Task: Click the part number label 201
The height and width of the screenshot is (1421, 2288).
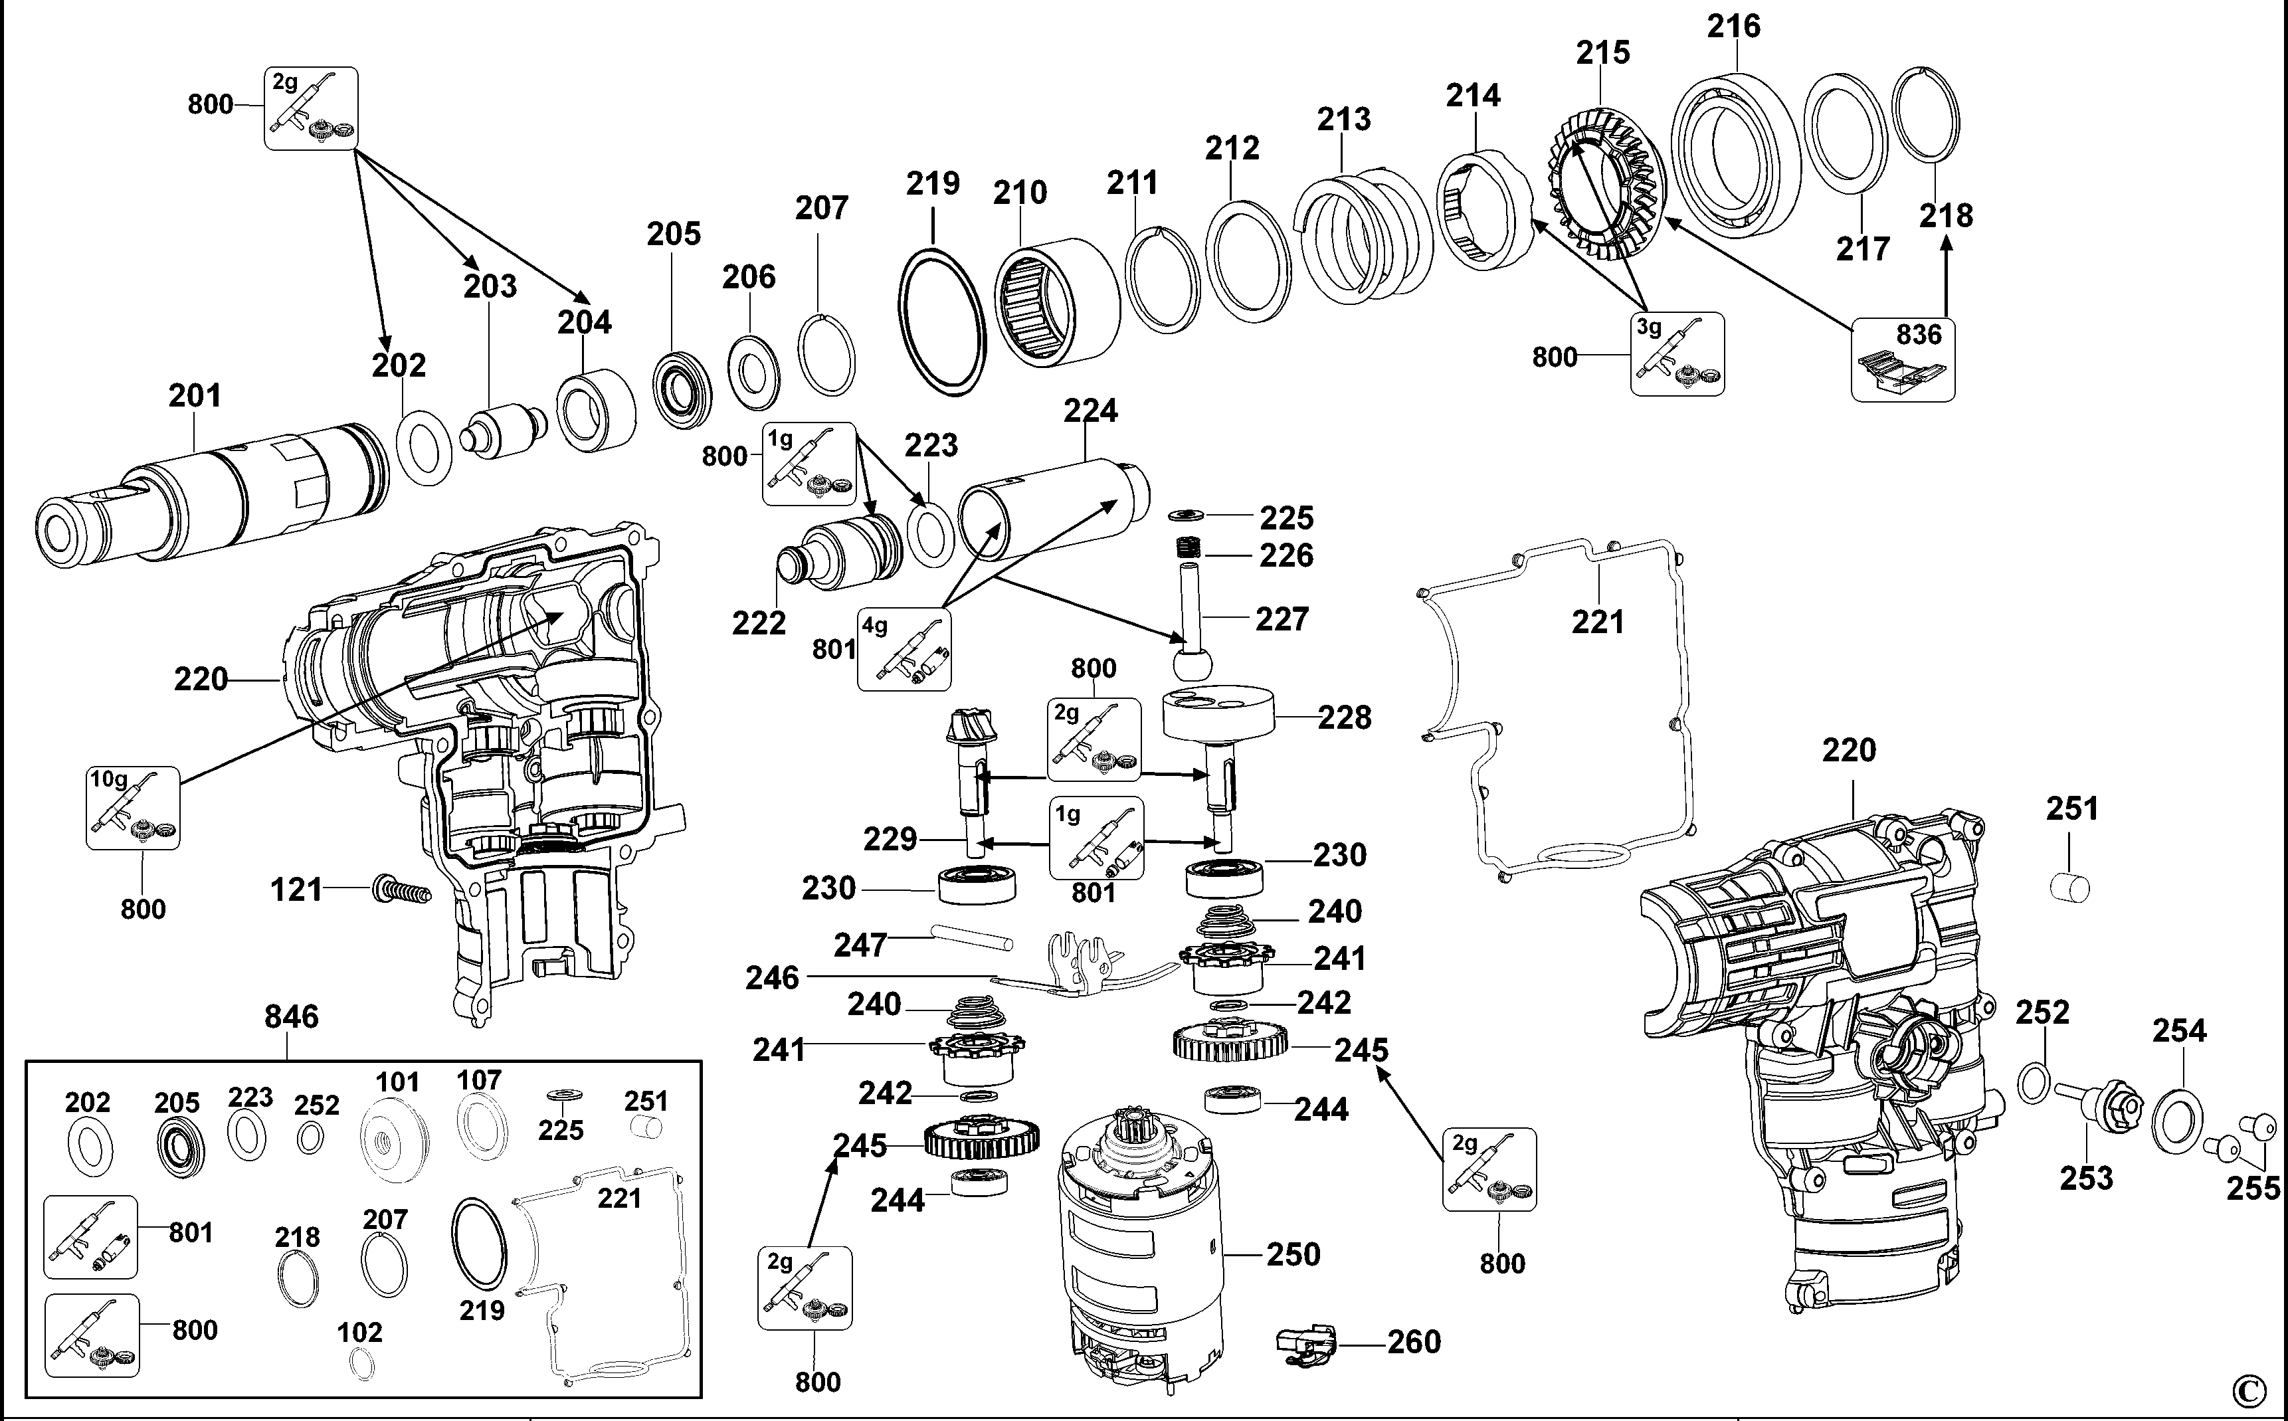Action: (x=195, y=396)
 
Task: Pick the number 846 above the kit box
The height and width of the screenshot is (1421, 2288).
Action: (x=291, y=1017)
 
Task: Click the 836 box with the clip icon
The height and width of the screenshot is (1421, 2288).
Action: (x=1903, y=360)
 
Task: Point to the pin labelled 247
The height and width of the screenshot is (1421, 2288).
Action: (x=971, y=937)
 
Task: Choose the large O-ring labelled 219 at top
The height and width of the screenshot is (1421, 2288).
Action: (x=943, y=322)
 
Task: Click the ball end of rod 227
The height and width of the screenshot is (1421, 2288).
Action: (x=1192, y=662)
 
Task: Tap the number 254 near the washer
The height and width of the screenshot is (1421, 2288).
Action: (x=2179, y=1031)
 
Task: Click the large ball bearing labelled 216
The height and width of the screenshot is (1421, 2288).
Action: (x=1735, y=155)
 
